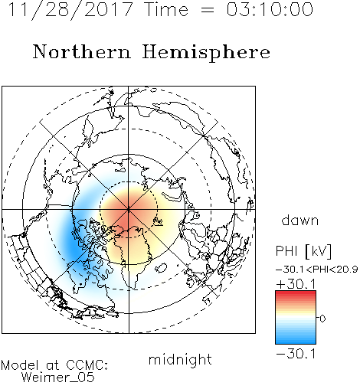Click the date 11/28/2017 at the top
[70, 10]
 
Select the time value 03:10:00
[270, 9]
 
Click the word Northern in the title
[82, 51]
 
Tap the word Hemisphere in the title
[206, 53]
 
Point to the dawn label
[300, 220]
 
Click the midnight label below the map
[180, 359]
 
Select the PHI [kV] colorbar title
[303, 250]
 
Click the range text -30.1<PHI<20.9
[317, 270]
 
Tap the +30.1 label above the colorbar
[296, 284]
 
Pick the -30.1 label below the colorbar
[296, 354]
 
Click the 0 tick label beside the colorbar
[322, 319]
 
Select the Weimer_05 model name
[58, 377]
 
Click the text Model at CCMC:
[54, 365]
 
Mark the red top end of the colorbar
[296, 293]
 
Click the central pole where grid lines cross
[129, 210]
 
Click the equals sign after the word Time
[208, 11]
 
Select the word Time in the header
[166, 9]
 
